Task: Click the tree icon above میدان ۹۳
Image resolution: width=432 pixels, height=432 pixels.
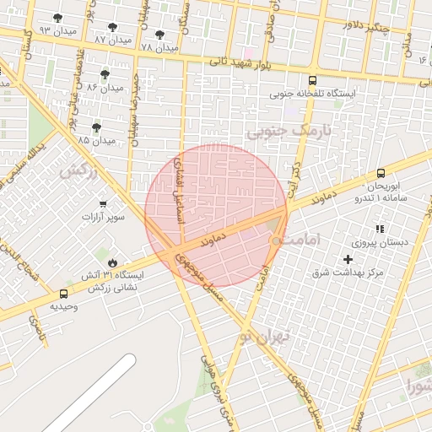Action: click(x=57, y=18)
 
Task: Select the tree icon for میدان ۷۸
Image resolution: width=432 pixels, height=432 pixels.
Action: click(x=159, y=35)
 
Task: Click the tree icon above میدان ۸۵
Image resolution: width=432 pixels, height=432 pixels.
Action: click(x=96, y=127)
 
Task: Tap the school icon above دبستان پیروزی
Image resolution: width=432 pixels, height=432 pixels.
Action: click(x=380, y=229)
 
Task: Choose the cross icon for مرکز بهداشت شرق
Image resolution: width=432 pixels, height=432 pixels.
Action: click(x=348, y=258)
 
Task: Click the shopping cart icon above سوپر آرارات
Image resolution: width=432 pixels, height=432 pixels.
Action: click(x=103, y=204)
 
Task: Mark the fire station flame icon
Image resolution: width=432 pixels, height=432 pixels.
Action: click(x=112, y=262)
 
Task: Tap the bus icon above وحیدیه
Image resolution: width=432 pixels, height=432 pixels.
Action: click(x=64, y=294)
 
